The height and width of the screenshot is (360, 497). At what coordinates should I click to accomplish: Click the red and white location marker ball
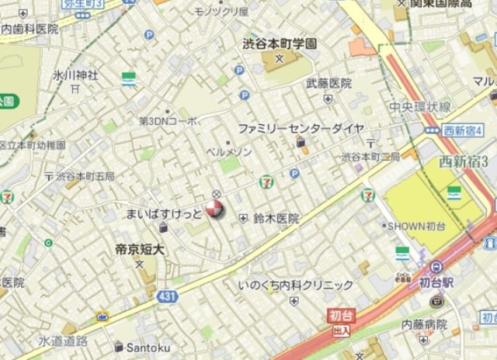pos(214,209)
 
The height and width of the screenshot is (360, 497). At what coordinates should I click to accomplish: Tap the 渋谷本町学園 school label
pos(277,45)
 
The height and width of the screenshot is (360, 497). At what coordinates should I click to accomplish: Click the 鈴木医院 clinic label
pos(276,220)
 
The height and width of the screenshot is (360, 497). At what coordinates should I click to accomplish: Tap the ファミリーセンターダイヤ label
pos(300,128)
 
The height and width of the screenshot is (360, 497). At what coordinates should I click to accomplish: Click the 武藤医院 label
pos(328,83)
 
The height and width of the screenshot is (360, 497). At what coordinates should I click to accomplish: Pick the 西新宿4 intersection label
pos(463,130)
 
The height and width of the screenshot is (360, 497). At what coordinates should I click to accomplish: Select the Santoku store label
pos(148,347)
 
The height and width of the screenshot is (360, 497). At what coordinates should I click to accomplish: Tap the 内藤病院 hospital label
pos(424,326)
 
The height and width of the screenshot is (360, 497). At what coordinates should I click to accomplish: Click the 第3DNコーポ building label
pos(168,122)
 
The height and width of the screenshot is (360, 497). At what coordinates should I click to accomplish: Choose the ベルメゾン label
pos(228,151)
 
